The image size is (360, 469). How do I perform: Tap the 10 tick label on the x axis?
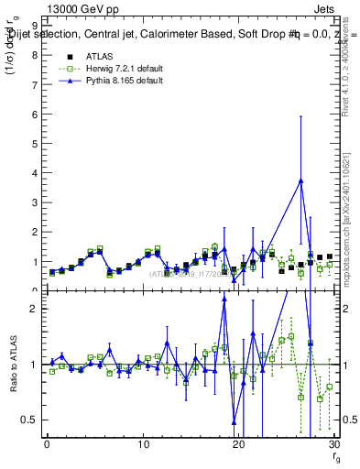click(x=143, y=444)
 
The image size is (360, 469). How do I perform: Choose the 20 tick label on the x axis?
click(x=239, y=444)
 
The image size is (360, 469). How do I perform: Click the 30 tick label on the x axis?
click(x=334, y=444)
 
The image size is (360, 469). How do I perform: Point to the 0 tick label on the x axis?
click(x=47, y=444)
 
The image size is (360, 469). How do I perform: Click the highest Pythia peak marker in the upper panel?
click(x=300, y=180)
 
